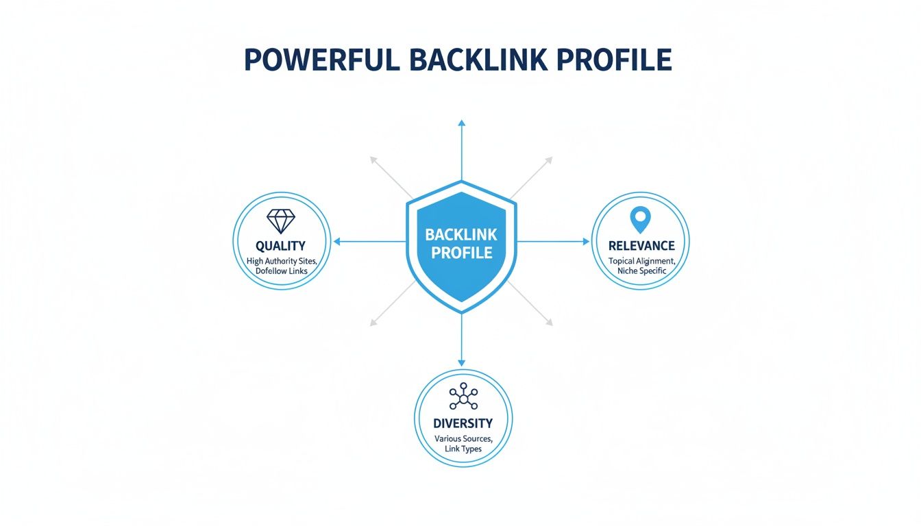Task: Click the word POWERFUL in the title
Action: tap(322, 60)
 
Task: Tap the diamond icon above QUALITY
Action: tap(280, 221)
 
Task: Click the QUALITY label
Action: tap(280, 246)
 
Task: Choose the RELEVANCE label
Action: tap(641, 246)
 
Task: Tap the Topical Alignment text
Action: tap(641, 261)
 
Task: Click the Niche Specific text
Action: tap(641, 271)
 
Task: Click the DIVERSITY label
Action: tap(463, 424)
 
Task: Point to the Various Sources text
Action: tap(463, 438)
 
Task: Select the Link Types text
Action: tap(463, 449)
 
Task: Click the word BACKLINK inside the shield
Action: tap(461, 234)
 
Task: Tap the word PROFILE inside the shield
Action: tap(461, 253)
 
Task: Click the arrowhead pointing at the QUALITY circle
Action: tap(336, 242)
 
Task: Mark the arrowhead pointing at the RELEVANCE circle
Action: tap(585, 242)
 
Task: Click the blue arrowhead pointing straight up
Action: tap(461, 123)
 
